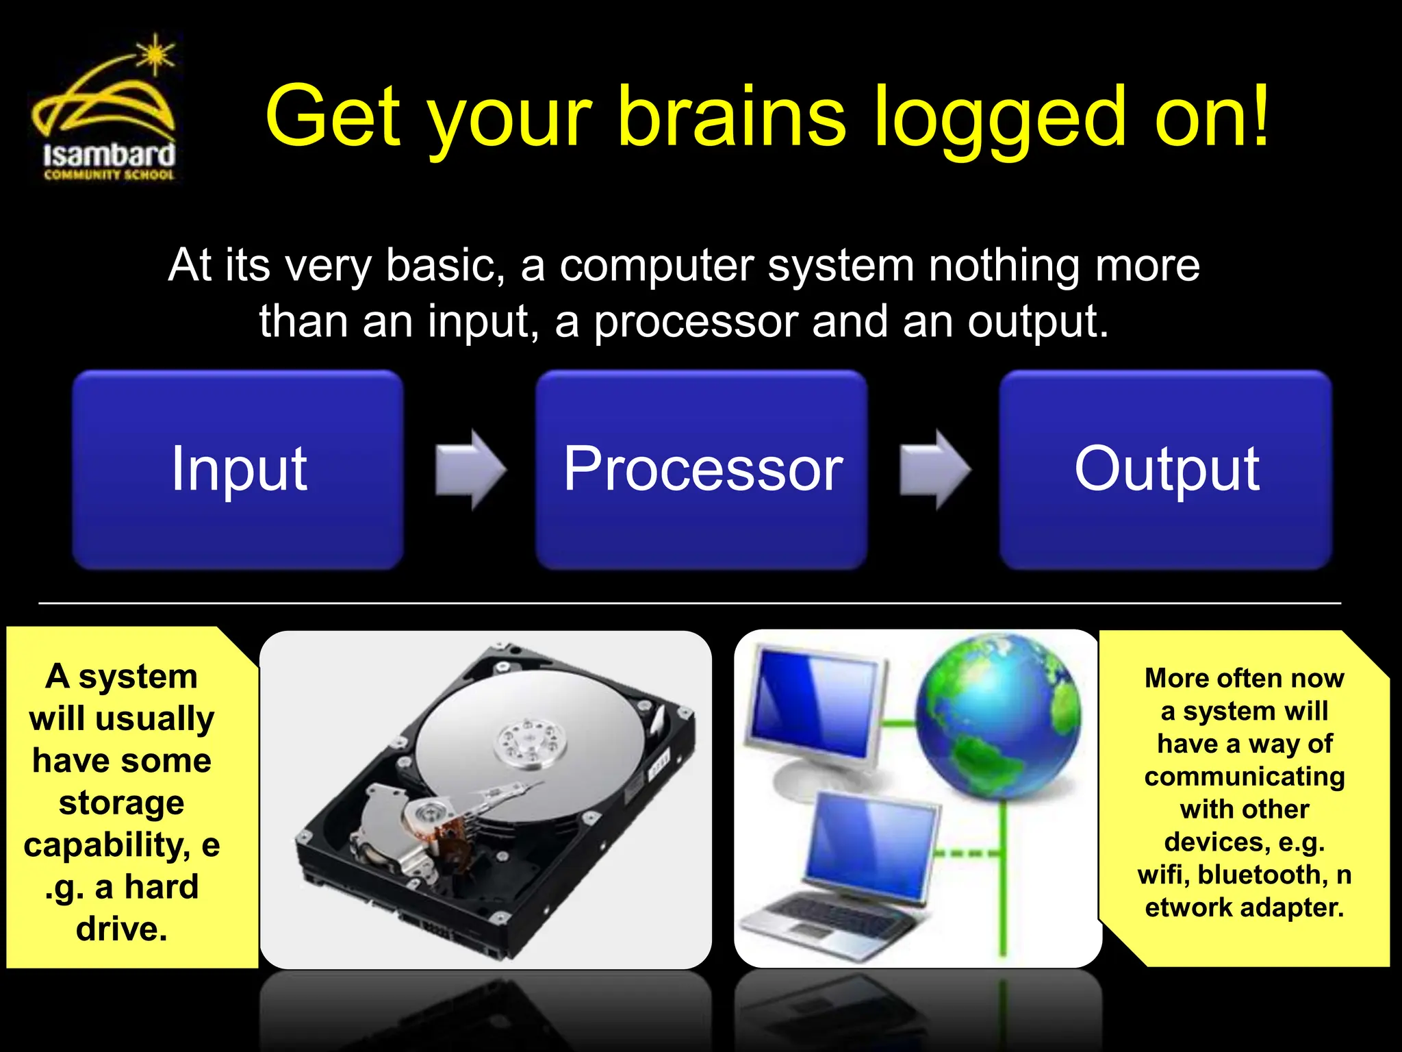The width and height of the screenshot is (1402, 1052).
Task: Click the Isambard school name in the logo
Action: tap(109, 155)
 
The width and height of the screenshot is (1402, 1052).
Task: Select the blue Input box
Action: tap(238, 470)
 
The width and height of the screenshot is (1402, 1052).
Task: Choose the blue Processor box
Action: tap(701, 470)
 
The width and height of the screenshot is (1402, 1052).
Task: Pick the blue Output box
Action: tap(1165, 470)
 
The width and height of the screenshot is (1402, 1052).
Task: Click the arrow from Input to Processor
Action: tap(470, 470)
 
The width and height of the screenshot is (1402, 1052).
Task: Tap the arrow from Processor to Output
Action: tap(934, 470)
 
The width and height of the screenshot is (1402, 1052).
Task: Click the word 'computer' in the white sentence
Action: tap(657, 265)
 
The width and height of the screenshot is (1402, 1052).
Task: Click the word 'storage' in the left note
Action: tap(121, 803)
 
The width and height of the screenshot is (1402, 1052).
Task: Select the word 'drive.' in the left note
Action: tap(121, 929)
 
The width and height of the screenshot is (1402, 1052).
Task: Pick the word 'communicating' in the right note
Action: tap(1244, 777)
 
